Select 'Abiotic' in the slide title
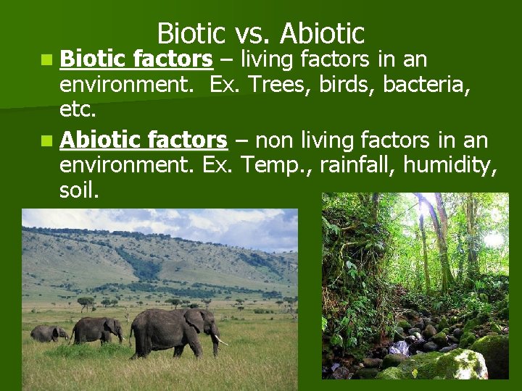point(321,34)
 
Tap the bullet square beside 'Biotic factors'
point(47,60)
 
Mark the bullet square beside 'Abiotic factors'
point(47,140)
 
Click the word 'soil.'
point(80,191)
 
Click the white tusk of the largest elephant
point(220,340)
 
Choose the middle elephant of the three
point(96,329)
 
